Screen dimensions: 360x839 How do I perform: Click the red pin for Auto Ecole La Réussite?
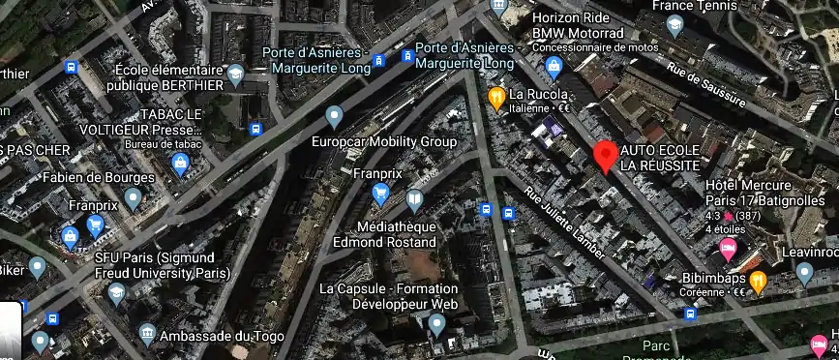[x=606, y=156]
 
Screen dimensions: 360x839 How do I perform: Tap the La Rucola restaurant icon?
[x=496, y=95]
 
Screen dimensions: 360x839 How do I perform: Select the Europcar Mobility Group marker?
[x=335, y=118]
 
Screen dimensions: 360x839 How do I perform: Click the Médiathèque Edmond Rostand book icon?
[x=415, y=199]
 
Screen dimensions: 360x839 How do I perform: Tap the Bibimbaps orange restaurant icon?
[x=759, y=282]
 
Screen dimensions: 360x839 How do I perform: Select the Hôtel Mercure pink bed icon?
[x=728, y=251]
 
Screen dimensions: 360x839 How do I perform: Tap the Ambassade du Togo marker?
[x=146, y=334]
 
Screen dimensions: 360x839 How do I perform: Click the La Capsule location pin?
[x=438, y=324]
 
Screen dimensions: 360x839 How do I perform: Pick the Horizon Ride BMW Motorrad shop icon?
[x=554, y=66]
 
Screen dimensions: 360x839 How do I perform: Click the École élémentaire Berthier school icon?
[x=235, y=75]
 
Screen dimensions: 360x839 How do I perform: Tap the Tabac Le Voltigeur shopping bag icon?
[x=179, y=166]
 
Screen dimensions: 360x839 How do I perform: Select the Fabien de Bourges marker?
[x=134, y=198]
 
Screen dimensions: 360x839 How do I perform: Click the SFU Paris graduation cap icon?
[x=117, y=292]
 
